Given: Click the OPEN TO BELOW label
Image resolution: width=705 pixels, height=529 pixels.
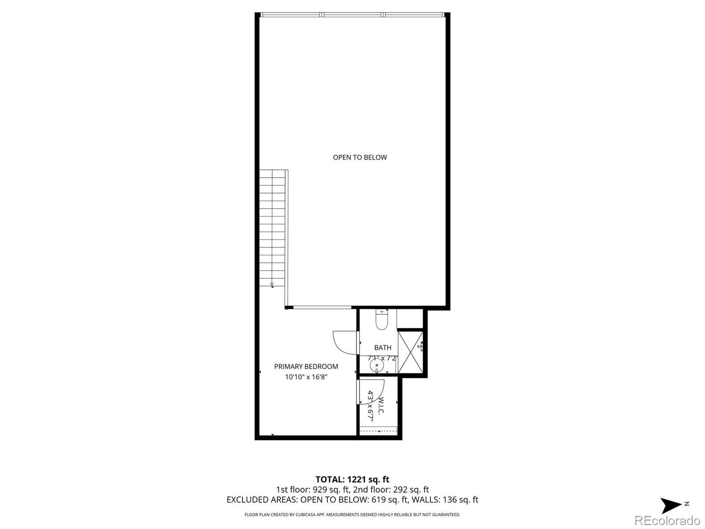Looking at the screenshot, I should click(360, 157).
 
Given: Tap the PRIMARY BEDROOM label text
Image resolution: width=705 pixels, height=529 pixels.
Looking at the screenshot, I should click(306, 366).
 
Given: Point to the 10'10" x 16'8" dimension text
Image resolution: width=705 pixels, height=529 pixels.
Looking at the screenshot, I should click(306, 377).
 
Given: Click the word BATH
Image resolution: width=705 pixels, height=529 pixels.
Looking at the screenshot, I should click(382, 348).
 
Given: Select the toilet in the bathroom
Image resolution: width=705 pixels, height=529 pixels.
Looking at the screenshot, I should click(381, 320).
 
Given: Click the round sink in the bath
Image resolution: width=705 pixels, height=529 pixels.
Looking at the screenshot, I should click(377, 365).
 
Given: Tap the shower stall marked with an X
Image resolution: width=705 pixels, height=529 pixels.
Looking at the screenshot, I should click(410, 352).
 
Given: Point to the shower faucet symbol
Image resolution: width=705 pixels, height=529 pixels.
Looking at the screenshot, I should click(421, 347).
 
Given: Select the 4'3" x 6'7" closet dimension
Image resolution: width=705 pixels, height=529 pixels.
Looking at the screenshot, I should click(371, 406).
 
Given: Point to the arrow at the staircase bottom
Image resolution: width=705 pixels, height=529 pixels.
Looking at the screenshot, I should click(272, 284).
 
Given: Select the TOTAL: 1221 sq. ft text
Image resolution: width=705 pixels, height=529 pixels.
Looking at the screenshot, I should click(352, 479).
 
